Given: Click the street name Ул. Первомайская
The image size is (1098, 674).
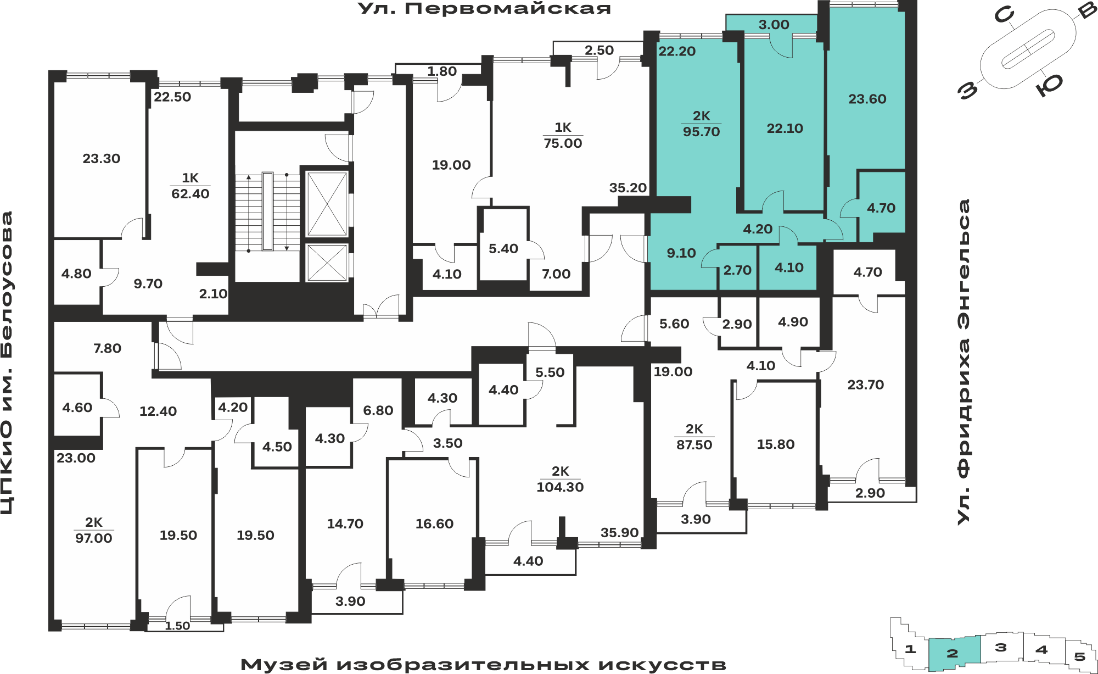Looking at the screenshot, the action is [x=484, y=9].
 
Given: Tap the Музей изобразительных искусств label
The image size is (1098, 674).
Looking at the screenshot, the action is [x=483, y=665].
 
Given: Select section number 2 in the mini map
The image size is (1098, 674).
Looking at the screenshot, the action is [x=953, y=653].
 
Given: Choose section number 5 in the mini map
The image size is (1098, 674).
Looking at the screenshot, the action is [x=1079, y=656].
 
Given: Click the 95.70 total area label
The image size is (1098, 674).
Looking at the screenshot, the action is [x=701, y=132].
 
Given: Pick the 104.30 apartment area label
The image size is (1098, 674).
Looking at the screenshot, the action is [x=560, y=487].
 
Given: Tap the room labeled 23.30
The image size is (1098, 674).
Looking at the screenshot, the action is [x=102, y=159].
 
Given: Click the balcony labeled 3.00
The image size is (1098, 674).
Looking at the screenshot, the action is [x=774, y=25].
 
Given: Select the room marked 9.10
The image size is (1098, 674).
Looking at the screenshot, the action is [x=681, y=253].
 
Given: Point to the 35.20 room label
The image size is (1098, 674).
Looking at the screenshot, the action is [x=628, y=188].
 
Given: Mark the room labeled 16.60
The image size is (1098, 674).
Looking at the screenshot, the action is [x=434, y=524].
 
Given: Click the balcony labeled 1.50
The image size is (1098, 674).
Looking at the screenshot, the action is [x=177, y=626].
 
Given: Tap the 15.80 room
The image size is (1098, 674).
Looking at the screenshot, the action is [x=776, y=444].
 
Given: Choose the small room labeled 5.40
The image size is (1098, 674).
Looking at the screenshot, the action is [x=503, y=249].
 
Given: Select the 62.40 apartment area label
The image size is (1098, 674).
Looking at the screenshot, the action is [x=191, y=194].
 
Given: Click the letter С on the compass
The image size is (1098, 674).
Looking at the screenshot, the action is [x=1004, y=15].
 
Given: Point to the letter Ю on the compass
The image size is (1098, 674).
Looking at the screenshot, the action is [x=1050, y=85].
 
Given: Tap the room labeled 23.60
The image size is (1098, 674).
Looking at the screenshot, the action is [x=867, y=99].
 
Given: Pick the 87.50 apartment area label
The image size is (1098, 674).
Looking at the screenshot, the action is [x=694, y=445].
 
